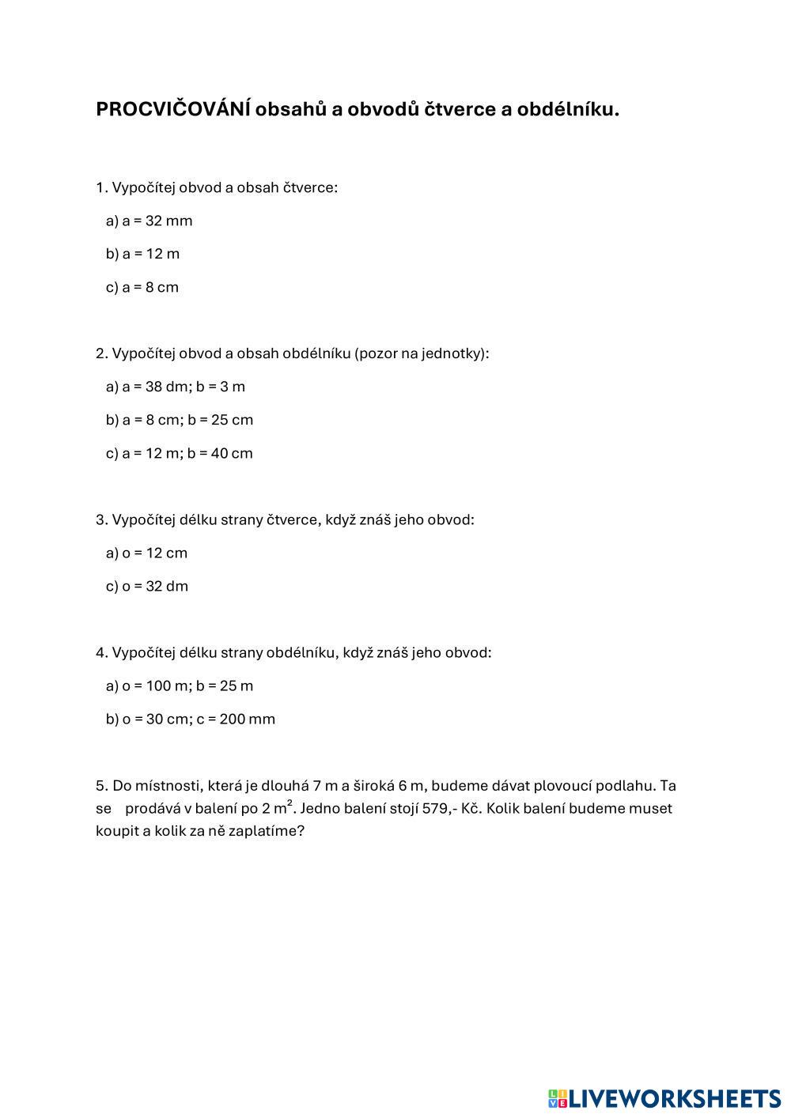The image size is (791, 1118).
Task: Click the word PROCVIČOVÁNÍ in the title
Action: tap(173, 109)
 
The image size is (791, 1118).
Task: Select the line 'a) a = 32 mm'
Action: tap(149, 221)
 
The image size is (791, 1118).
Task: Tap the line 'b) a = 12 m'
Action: tap(142, 254)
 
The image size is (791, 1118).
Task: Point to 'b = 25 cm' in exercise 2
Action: tap(220, 420)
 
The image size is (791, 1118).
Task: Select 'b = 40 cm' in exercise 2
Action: tap(220, 453)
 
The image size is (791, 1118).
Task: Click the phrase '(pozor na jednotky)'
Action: tap(422, 353)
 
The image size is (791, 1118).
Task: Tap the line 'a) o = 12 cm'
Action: tap(146, 553)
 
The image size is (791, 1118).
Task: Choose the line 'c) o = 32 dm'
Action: tap(147, 586)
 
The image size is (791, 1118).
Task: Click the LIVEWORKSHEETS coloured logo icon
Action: tap(557, 1098)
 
